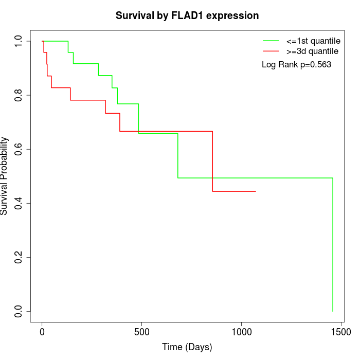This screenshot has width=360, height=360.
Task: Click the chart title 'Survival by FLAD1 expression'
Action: point(187,15)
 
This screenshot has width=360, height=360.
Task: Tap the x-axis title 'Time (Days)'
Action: point(187,347)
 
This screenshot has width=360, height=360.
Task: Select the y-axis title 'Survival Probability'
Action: point(5,176)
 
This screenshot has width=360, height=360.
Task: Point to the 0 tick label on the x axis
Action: point(42,332)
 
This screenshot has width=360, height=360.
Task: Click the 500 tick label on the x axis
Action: point(141,332)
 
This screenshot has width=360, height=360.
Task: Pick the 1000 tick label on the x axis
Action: point(241,332)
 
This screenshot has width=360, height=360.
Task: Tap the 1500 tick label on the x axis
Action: point(340,332)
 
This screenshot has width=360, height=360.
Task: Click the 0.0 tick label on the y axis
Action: point(19,311)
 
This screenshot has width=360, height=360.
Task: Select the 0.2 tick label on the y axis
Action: point(19,257)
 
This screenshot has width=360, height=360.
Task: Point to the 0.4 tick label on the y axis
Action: point(19,203)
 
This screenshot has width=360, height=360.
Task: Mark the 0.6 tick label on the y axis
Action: point(19,149)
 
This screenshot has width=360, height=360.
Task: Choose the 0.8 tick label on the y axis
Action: point(19,95)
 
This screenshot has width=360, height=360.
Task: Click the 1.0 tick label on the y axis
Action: point(19,41)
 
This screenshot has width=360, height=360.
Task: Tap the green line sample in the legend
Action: point(271,41)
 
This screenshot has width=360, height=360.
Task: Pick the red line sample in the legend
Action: point(271,51)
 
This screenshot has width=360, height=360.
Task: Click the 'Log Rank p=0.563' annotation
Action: point(296,65)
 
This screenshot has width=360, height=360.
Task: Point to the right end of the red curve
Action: point(256,191)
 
